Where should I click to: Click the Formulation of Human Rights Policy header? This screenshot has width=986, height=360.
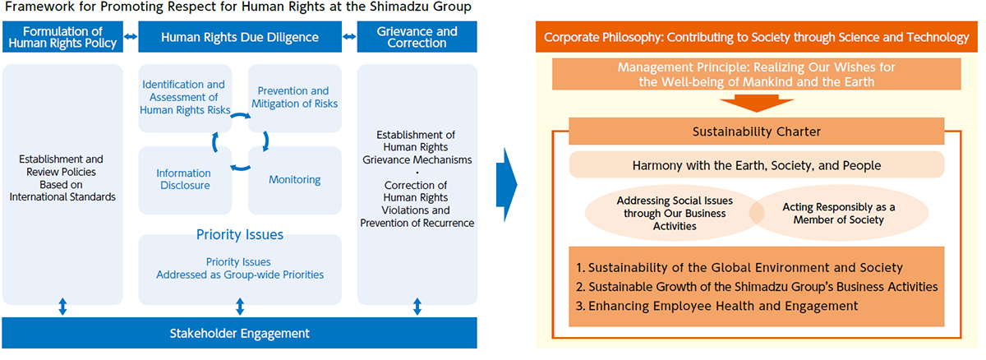coord(62,37)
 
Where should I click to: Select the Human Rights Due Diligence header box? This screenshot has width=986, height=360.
coord(240,37)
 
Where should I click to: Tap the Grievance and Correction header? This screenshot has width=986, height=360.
coord(416,37)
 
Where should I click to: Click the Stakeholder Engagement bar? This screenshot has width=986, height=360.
coord(239,333)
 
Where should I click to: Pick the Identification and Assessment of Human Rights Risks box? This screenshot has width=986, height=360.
coord(185,97)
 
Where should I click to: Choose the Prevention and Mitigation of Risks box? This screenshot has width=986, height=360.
coord(294,97)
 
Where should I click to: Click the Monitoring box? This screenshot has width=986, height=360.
coord(294,179)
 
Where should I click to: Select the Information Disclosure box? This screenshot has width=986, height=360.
coord(184,179)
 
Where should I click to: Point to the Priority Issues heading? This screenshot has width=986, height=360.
coord(240,235)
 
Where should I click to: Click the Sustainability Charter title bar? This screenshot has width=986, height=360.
coord(756,132)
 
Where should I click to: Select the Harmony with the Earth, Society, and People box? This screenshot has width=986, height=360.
coord(756,165)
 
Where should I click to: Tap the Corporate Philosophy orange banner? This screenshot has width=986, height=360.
coord(756,38)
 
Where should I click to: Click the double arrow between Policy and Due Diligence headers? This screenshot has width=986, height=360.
coord(131,37)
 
